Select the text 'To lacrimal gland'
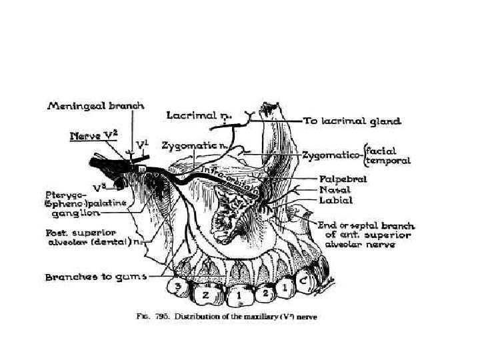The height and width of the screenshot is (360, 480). (x=353, y=121)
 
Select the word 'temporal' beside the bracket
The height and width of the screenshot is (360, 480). (x=392, y=161)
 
